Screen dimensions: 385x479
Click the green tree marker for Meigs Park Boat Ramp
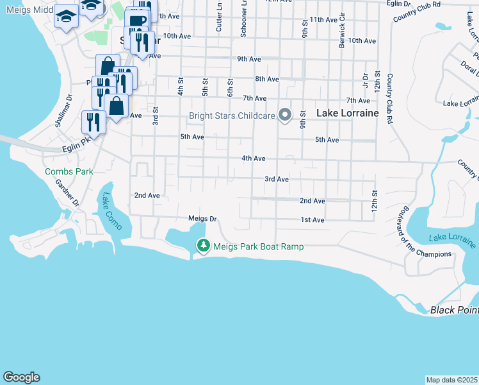(x=204, y=246)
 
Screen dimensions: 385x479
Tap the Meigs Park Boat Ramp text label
(x=258, y=246)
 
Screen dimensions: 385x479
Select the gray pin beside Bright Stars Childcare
(x=286, y=116)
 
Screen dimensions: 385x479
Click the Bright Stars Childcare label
(x=232, y=116)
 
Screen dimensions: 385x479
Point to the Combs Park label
(x=69, y=171)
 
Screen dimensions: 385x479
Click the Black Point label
(x=454, y=311)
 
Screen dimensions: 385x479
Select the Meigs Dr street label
(x=203, y=218)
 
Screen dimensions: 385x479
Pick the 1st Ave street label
(x=313, y=220)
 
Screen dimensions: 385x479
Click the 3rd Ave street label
(x=277, y=179)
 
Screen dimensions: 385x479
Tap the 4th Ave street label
(x=253, y=158)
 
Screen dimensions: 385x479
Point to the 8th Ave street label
(x=266, y=79)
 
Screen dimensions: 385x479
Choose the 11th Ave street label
(x=323, y=20)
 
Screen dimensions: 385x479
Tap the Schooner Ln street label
(x=244, y=19)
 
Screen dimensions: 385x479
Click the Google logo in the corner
(x=21, y=377)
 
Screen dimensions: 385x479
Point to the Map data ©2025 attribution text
(x=451, y=380)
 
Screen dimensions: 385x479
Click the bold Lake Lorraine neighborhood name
(x=347, y=114)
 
